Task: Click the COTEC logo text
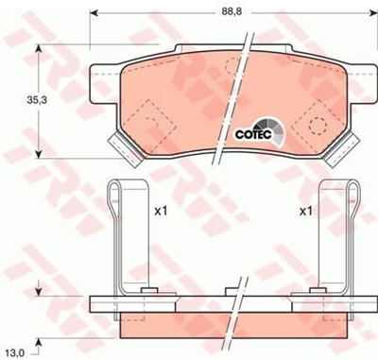(253, 134)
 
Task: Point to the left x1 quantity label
(161, 212)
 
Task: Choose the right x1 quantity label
(306, 212)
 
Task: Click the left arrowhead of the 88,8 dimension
(94, 12)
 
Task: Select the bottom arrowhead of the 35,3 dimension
(39, 154)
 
